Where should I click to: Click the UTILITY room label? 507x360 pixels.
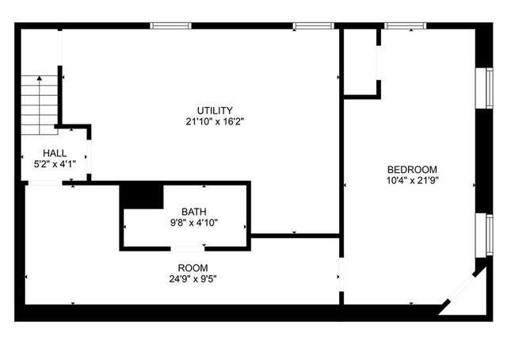(215, 110)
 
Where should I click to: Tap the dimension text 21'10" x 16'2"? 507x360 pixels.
(215, 121)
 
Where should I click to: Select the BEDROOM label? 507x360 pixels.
(412, 169)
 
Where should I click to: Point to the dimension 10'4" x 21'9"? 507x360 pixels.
(412, 180)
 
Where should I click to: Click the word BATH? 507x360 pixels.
(193, 211)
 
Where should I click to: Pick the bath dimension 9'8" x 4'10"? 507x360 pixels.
(193, 222)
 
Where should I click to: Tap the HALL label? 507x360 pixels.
(55, 153)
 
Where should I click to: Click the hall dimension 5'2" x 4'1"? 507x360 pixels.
(55, 164)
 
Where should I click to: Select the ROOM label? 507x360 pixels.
(193, 267)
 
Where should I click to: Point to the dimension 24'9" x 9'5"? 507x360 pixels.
(193, 278)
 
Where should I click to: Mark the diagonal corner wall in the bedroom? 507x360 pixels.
(461, 289)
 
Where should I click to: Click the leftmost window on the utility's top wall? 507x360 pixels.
(171, 25)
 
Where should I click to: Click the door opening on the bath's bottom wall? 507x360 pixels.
(188, 249)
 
